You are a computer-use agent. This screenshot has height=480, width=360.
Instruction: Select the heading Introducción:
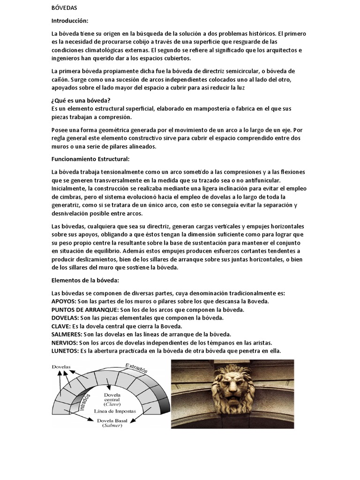[x=69, y=21]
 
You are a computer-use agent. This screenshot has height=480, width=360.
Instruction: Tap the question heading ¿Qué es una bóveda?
[x=82, y=100]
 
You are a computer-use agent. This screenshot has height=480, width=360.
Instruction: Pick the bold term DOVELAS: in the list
[x=65, y=318]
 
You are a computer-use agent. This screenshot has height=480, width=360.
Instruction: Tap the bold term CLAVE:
[x=60, y=326]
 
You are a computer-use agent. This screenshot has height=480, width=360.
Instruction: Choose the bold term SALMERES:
[x=67, y=334]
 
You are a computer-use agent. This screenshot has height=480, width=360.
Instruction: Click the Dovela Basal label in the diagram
[x=115, y=421]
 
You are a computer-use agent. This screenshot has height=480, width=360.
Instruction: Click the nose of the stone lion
[x=232, y=387]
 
